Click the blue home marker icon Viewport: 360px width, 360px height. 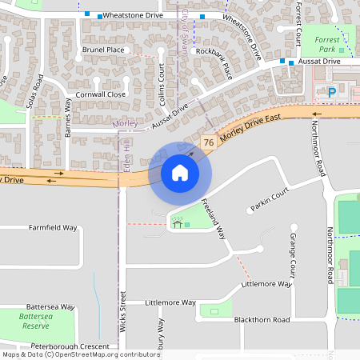[x=180, y=172]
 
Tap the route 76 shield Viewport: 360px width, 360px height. [x=208, y=142]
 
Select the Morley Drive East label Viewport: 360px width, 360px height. [x=252, y=128]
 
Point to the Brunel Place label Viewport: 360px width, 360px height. [x=103, y=50]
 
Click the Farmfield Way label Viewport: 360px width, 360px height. [x=53, y=227]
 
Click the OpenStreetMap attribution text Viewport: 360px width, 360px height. [x=81, y=354]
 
